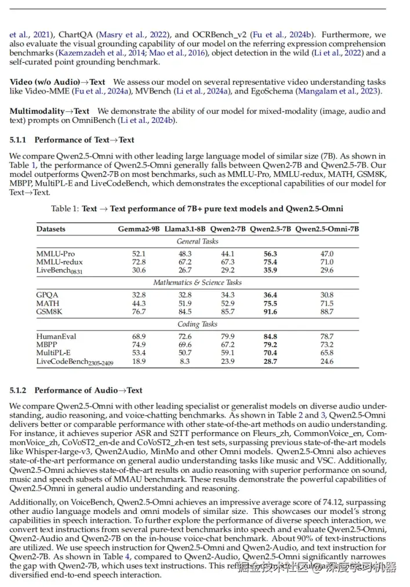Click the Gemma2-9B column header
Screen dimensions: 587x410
coord(139,229)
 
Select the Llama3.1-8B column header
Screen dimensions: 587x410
coord(185,229)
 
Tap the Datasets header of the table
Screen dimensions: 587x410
coord(51,229)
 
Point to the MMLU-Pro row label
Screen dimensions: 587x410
coord(55,254)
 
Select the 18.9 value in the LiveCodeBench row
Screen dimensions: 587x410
coord(139,361)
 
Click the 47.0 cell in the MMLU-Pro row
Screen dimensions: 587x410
coord(327,254)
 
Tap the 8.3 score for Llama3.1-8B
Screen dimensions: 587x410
coord(185,361)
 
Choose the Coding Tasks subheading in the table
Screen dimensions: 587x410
coord(198,324)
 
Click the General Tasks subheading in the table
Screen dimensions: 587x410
coord(198,241)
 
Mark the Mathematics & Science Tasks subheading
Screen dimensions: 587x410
coord(198,282)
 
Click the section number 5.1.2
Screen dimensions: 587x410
coord(20,390)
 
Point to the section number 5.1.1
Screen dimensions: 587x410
coord(20,140)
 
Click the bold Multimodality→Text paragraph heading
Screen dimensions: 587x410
coord(49,111)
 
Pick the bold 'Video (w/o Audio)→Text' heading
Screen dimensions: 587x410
coord(57,82)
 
